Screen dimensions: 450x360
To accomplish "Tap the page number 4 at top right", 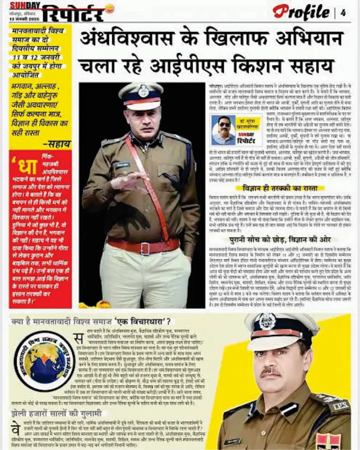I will tap(343, 13).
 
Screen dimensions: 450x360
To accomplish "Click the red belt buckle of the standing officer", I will tap(145, 248).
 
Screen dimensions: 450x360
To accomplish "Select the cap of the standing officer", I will tap(141, 95).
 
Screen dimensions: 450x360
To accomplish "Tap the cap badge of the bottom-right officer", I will tap(267, 321).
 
